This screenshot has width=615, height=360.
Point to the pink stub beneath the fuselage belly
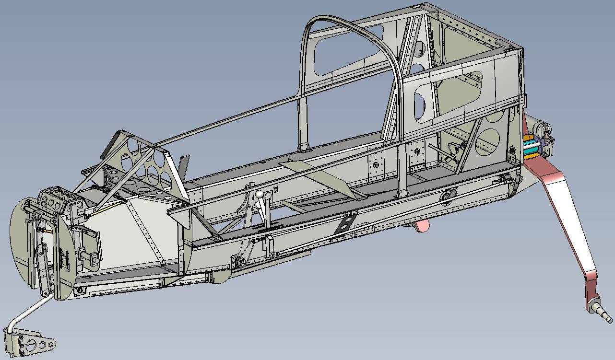[x=422, y=225]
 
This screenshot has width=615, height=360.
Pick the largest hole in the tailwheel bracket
[x=31, y=344]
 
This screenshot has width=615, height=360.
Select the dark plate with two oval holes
[x=346, y=222]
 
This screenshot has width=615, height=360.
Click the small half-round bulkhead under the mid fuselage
[x=218, y=277]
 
